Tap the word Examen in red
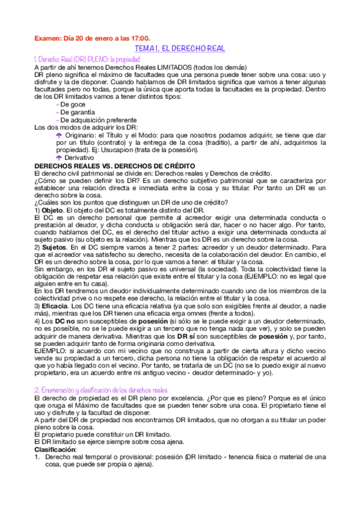coord(47,38)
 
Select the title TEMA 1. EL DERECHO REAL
coord(180,48)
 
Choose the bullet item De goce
coord(74,104)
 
